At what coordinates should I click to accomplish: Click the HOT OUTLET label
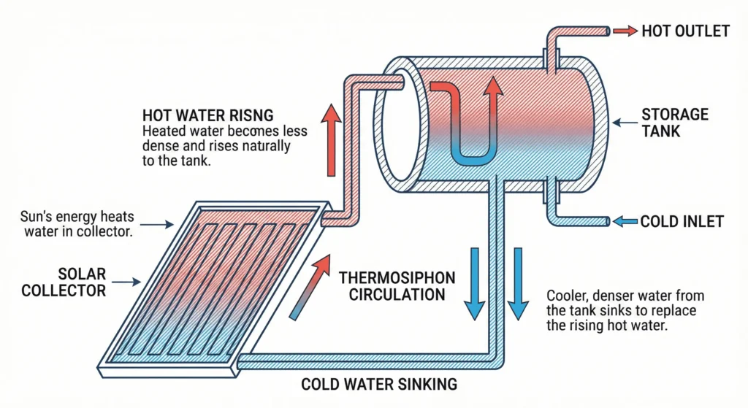(685, 31)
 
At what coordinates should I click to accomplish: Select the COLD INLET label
(682, 220)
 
